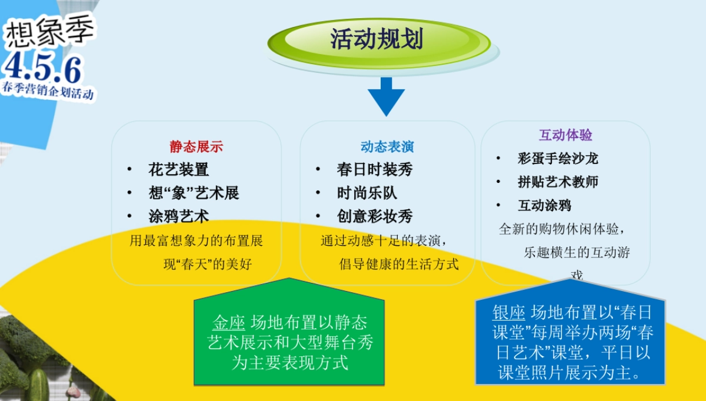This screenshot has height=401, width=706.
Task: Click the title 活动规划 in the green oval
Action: tap(377, 40)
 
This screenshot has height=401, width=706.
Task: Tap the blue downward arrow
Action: tap(386, 96)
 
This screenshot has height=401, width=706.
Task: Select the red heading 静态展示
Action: tap(197, 146)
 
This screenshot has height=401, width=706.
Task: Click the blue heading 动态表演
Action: tap(387, 146)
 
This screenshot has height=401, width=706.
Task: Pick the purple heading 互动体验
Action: tap(565, 135)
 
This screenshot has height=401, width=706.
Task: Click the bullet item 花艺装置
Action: tap(178, 170)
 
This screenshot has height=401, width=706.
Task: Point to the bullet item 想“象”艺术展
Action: tap(194, 193)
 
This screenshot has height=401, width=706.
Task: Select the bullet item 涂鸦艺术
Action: tap(178, 216)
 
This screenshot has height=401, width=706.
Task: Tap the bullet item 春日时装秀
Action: tap(374, 170)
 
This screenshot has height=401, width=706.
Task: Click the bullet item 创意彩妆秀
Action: tap(374, 216)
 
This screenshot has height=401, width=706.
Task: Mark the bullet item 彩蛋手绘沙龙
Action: tap(558, 159)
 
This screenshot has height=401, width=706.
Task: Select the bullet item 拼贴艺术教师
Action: tap(558, 182)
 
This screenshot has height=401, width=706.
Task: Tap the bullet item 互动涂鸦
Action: tap(544, 206)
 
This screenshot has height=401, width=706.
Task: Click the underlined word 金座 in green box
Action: tap(228, 323)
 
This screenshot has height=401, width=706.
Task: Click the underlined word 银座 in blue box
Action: tap(508, 312)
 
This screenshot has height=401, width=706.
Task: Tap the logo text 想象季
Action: tap(49, 34)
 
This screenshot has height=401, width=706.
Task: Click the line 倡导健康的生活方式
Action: tap(399, 264)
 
